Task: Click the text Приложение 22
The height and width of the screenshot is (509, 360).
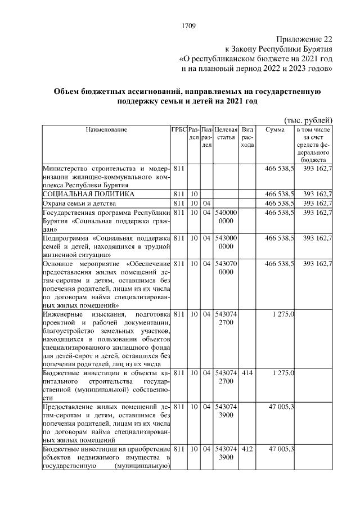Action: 304,39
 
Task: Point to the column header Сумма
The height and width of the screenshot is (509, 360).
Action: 274,130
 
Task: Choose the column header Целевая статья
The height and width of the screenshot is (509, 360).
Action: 226,134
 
